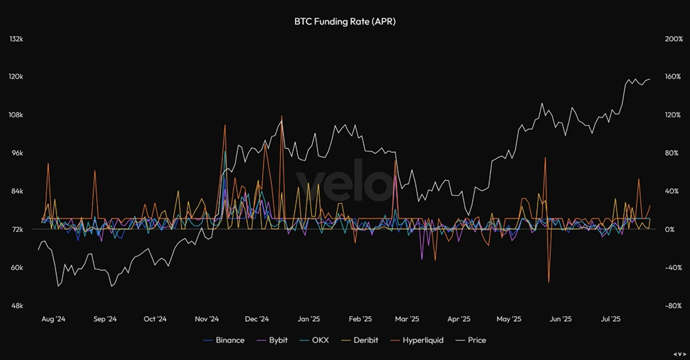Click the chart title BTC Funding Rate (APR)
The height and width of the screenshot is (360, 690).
point(345,21)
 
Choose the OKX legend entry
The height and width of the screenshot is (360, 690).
point(315,340)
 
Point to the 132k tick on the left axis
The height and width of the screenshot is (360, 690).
point(16,39)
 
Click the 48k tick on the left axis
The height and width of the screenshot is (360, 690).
point(16,306)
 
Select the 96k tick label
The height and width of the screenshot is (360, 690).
point(16,153)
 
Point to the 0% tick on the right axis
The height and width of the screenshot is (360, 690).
point(672,230)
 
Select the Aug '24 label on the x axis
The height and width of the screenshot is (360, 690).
point(53,319)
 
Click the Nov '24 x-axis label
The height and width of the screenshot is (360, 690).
point(207,319)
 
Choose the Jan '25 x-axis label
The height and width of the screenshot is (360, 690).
point(309,319)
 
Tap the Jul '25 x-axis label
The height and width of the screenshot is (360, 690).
point(612,319)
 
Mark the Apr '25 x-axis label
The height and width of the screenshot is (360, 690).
point(459,319)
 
